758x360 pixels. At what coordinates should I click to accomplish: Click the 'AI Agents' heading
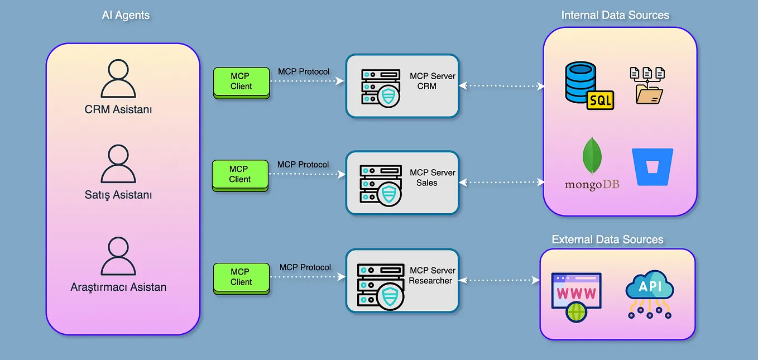click(x=126, y=15)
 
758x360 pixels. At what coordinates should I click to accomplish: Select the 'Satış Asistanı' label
click(x=118, y=195)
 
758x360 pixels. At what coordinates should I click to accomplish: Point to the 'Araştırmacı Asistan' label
click(x=118, y=287)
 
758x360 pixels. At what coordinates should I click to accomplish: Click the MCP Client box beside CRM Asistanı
click(x=241, y=81)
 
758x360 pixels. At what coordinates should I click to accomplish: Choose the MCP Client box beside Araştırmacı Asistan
click(x=241, y=277)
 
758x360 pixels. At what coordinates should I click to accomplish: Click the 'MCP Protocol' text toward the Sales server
click(x=303, y=165)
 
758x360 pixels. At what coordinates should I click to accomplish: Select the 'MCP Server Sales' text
click(x=431, y=177)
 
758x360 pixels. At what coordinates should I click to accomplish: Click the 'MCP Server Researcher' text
click(x=431, y=276)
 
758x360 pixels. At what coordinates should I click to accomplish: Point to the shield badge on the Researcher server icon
click(x=390, y=296)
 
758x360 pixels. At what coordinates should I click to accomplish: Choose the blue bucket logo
click(x=653, y=166)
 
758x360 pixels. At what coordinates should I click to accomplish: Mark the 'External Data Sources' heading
click(x=607, y=239)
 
